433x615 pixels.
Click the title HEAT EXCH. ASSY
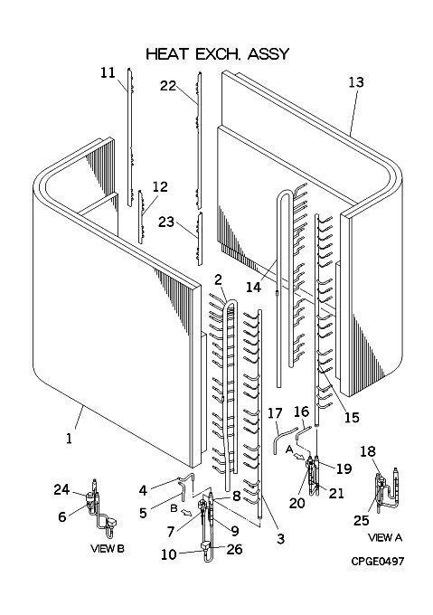[218, 53]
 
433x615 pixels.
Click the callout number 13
[356, 82]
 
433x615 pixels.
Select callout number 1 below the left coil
[70, 438]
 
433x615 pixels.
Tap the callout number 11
[108, 72]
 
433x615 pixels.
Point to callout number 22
[168, 86]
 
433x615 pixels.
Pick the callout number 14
[253, 287]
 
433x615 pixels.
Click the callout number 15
[352, 417]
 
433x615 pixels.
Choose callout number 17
[275, 413]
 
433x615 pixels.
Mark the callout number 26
[234, 549]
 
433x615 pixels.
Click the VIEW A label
[385, 537]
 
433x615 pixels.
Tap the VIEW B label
[108, 548]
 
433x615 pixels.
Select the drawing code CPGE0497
[377, 562]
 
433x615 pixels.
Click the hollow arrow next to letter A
[298, 457]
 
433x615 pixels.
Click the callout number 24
[61, 489]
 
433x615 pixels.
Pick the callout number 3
[280, 538]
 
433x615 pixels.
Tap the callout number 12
[160, 186]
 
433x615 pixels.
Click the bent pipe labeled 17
[284, 440]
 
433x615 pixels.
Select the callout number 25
[362, 520]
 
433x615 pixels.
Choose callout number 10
[169, 554]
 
